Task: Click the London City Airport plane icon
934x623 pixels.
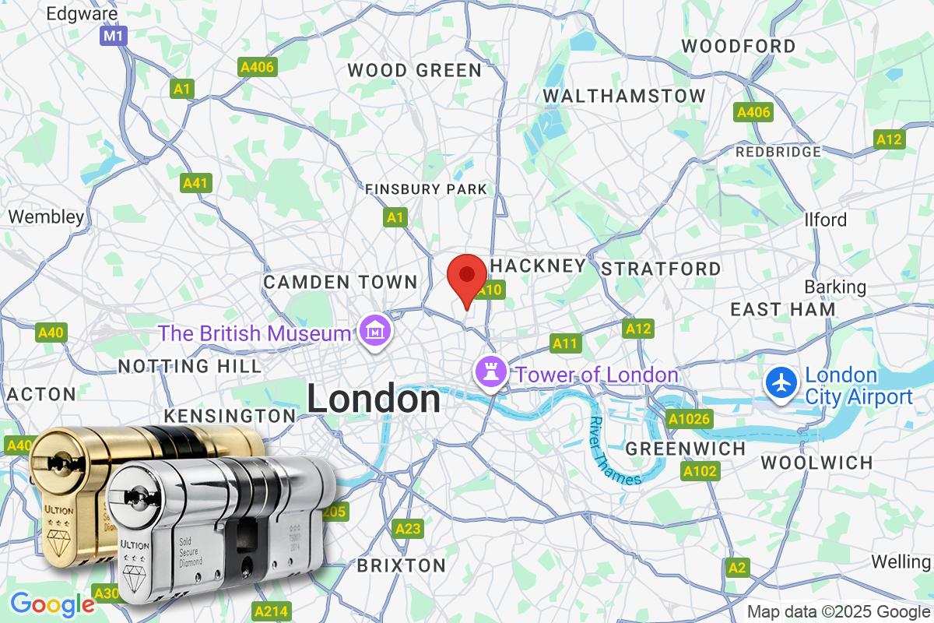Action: click(780, 382)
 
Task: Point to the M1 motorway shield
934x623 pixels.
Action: click(114, 36)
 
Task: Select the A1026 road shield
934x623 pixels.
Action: click(689, 420)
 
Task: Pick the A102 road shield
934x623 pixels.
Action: click(700, 470)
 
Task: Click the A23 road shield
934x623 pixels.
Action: click(408, 529)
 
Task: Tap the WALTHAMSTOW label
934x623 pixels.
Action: click(624, 96)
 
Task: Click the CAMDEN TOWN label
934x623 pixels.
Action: click(340, 282)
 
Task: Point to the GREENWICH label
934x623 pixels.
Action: click(686, 449)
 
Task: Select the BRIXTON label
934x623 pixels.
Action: click(402, 565)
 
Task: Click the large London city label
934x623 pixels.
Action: click(374, 399)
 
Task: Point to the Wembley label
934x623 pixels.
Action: click(46, 216)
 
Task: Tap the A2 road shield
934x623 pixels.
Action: click(738, 568)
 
